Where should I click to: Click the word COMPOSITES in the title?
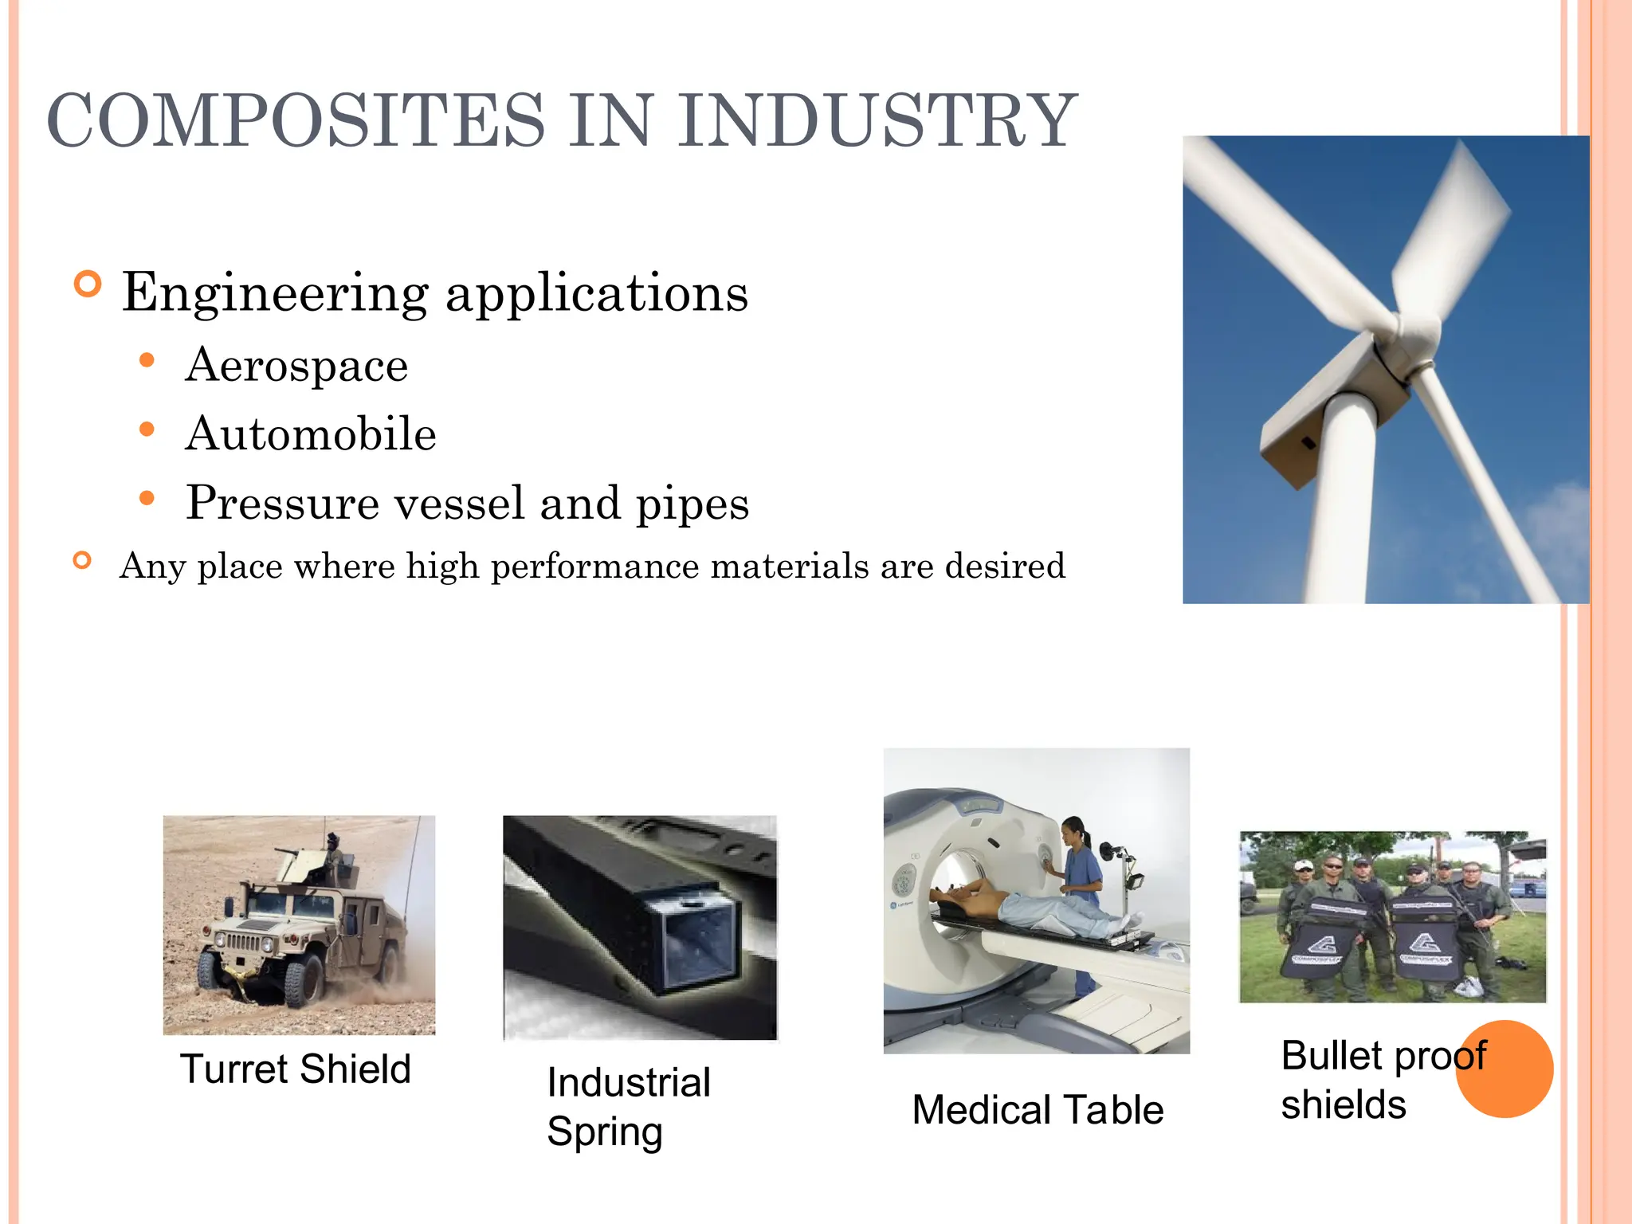pos(296,121)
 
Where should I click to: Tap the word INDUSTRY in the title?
pos(877,121)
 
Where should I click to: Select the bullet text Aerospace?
pos(296,366)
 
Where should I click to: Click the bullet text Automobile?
pos(311,434)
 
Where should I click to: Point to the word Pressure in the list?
pos(282,504)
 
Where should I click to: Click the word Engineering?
pos(275,293)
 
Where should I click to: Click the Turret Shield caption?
pos(296,1069)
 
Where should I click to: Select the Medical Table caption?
pos(1038,1109)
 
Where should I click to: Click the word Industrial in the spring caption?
pos(629,1082)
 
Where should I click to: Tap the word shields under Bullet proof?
pos(1344,1105)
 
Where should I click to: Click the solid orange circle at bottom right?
pos(1504,1069)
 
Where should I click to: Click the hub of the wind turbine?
pos(1419,335)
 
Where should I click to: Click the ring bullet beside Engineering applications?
pos(88,284)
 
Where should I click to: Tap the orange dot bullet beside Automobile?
pos(147,430)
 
